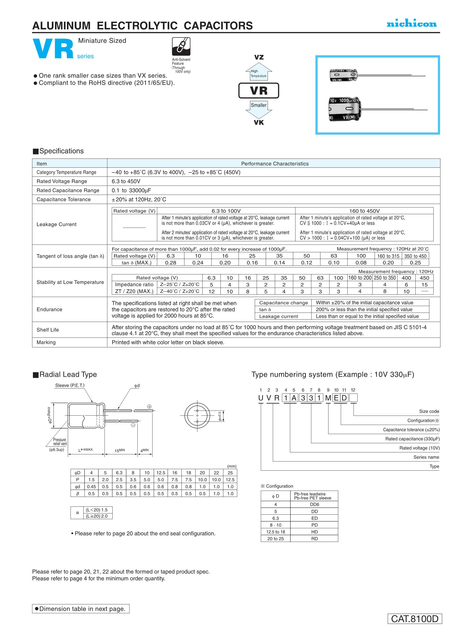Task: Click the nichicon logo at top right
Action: click(x=411, y=24)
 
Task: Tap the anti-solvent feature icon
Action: click(x=181, y=46)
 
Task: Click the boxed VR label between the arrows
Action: click(x=259, y=91)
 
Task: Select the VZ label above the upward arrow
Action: click(x=259, y=57)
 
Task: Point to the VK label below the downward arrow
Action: click(x=259, y=123)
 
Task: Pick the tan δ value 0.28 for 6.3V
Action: click(x=170, y=263)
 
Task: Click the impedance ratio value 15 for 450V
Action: click(x=424, y=284)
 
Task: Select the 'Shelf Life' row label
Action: click(x=48, y=330)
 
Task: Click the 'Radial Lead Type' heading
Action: click(x=68, y=374)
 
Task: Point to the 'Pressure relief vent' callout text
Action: click(x=60, y=442)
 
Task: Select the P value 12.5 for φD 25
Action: click(x=230, y=480)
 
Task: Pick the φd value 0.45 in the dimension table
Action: click(x=91, y=487)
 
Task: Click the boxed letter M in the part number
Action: click(x=328, y=398)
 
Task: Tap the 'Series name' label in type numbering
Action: click(x=426, y=457)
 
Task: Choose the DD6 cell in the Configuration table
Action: click(x=315, y=504)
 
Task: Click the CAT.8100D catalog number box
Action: click(x=415, y=619)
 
